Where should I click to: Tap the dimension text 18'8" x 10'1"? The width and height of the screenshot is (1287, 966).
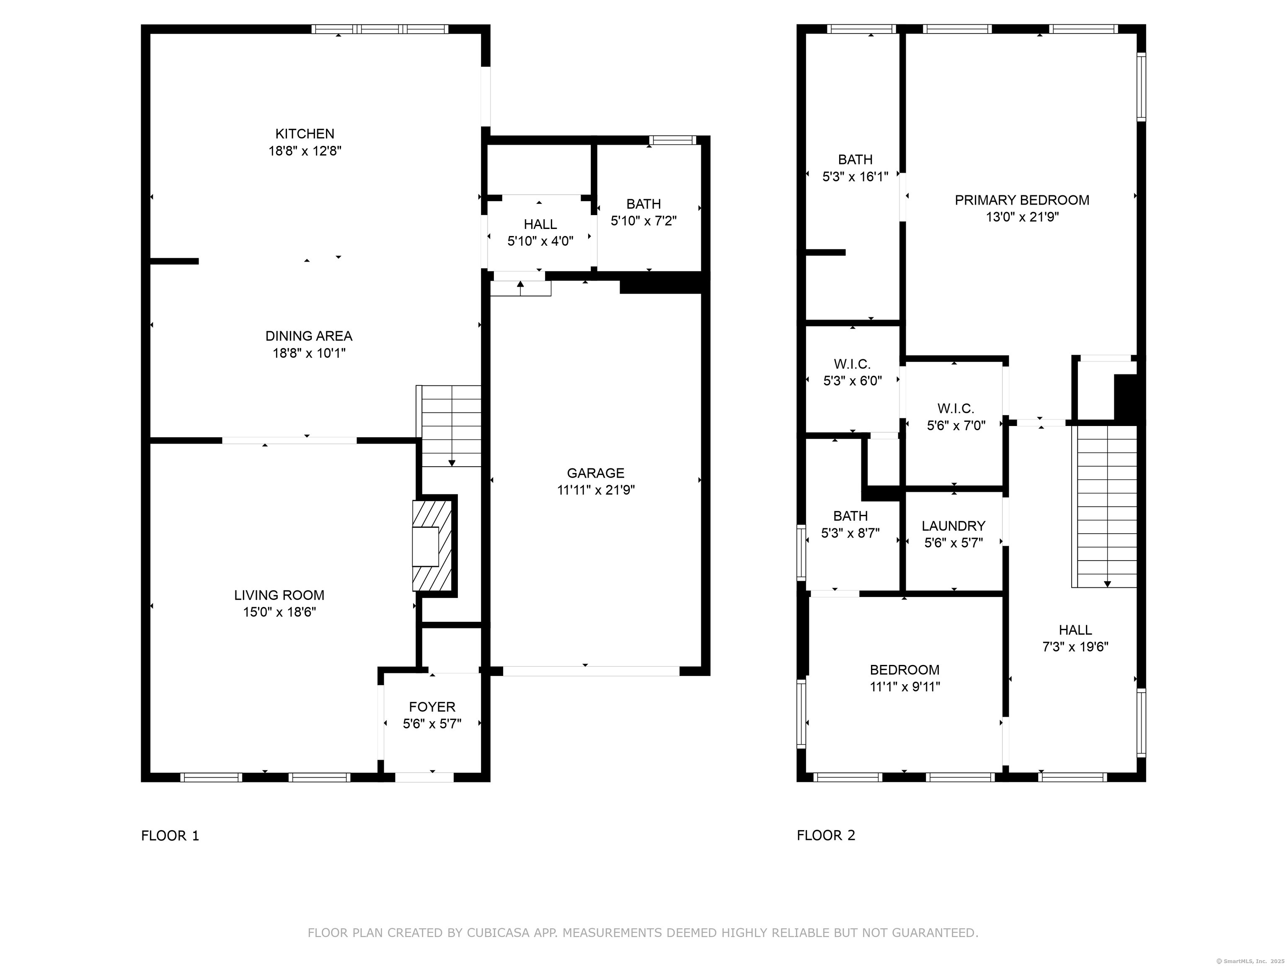click(x=309, y=353)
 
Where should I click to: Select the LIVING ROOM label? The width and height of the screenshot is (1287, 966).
click(x=279, y=595)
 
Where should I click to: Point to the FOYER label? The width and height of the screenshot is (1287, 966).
click(x=432, y=707)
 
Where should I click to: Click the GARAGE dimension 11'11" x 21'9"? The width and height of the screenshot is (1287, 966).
click(x=595, y=490)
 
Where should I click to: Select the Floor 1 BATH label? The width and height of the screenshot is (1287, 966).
click(x=643, y=204)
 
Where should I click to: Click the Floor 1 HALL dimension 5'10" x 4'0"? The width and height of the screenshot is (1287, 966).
click(x=540, y=241)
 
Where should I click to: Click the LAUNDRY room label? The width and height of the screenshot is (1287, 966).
click(x=953, y=526)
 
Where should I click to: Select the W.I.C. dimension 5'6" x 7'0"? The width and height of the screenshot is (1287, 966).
click(x=956, y=426)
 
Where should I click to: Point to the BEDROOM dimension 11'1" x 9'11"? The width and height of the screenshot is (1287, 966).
click(x=905, y=686)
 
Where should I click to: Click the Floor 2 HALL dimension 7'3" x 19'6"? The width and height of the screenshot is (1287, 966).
click(x=1075, y=647)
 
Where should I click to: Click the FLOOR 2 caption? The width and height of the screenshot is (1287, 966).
click(x=826, y=836)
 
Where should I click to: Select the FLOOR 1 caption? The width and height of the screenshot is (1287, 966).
click(x=170, y=836)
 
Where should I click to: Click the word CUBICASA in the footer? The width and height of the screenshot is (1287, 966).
click(x=498, y=933)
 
